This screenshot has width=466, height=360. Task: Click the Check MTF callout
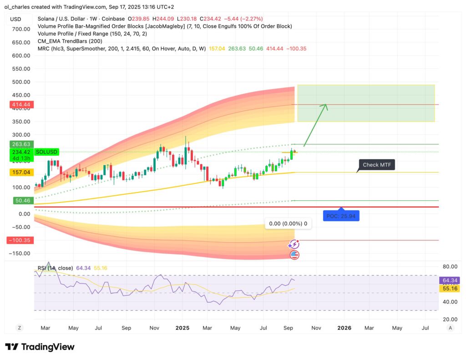377,165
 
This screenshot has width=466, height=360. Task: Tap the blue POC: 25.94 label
341,216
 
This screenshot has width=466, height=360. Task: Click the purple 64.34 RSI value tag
449,280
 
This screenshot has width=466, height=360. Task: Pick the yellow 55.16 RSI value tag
449,289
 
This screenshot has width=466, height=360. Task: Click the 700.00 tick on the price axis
21,29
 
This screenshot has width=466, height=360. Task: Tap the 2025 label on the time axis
182,328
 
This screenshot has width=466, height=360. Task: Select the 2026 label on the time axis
344,328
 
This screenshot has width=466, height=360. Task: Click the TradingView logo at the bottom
40,347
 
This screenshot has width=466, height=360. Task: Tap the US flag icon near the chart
294,255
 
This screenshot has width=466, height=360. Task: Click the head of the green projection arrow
326,106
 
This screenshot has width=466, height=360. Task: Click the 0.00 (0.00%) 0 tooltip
288,223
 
